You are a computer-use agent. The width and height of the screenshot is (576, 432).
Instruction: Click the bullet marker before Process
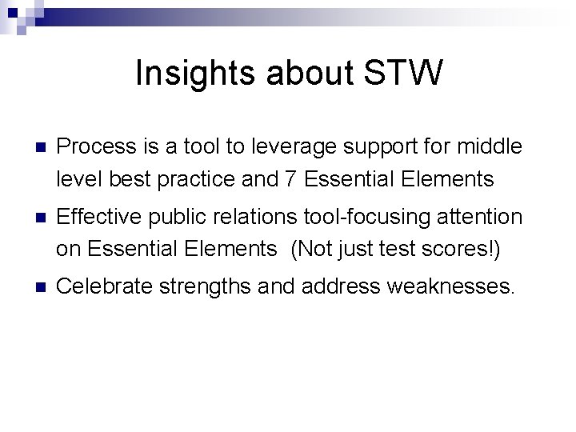pyautogui.click(x=31, y=147)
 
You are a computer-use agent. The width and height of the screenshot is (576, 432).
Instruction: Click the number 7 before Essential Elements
pyautogui.click(x=290, y=180)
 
